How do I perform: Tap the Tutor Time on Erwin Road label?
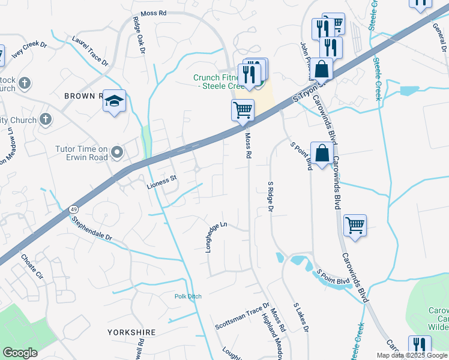pyautogui.click(x=82, y=153)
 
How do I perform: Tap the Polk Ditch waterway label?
pyautogui.click(x=188, y=296)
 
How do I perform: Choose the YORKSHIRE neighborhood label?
pyautogui.click(x=131, y=332)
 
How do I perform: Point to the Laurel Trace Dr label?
pyautogui.click(x=90, y=53)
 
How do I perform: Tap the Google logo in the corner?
pyautogui.click(x=20, y=353)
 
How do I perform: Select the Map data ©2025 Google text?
pyautogui.click(x=412, y=355)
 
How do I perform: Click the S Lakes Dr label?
pyautogui.click(x=301, y=317)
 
